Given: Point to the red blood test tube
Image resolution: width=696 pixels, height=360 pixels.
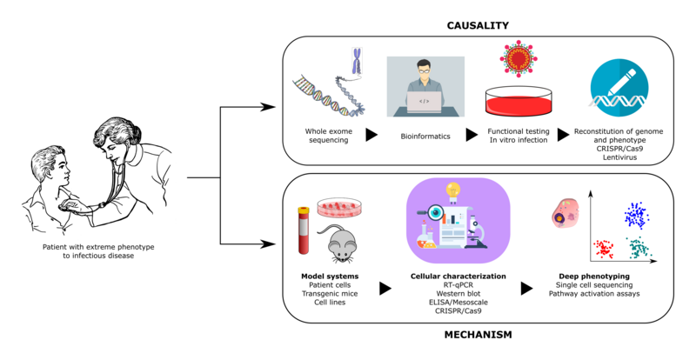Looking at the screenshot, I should pyautogui.click(x=304, y=228).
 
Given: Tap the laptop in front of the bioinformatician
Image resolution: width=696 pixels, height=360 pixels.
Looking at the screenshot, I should pyautogui.click(x=425, y=103).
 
